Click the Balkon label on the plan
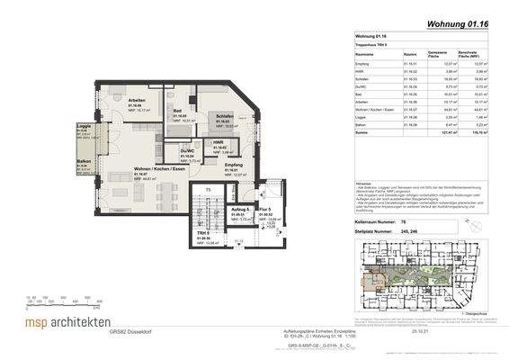click(83, 163)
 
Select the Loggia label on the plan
click(81, 127)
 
